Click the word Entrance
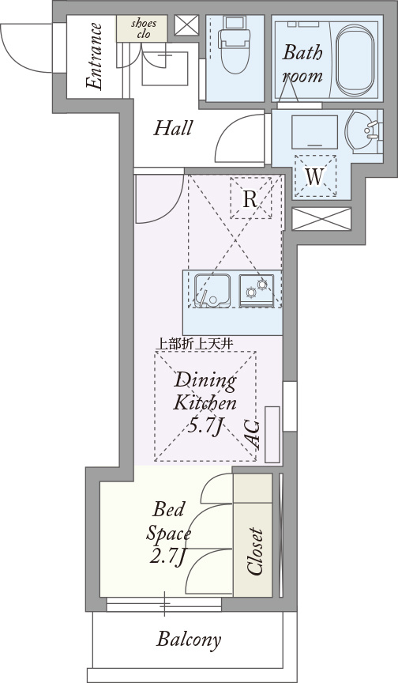point(95,57)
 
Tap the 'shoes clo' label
point(144,28)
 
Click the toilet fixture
point(235,44)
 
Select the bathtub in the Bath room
point(355,59)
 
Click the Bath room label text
point(302,64)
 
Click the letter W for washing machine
point(314,177)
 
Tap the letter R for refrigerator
point(250,199)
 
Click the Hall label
point(173,129)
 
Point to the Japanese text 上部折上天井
point(194,344)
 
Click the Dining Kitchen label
point(205,391)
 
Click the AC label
point(253,435)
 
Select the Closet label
point(254,552)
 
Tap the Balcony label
point(189,640)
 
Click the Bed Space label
point(168,522)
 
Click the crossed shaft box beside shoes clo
point(186,25)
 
